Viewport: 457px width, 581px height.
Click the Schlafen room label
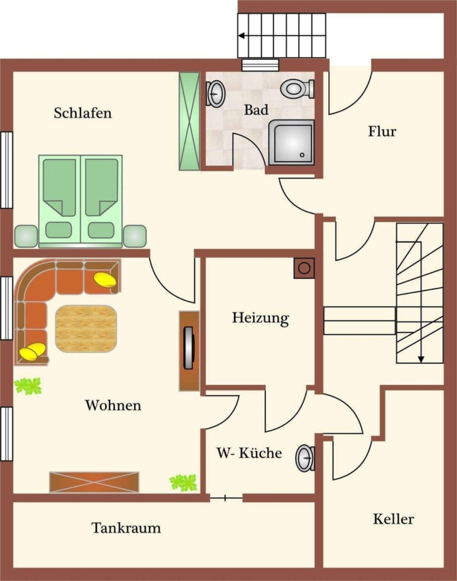coord(83,112)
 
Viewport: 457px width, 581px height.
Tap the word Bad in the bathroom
coord(256,110)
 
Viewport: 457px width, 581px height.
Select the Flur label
coord(382,131)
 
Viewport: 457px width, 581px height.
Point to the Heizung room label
coord(260,318)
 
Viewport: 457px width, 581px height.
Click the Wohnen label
coord(113,405)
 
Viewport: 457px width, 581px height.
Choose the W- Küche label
coord(249,453)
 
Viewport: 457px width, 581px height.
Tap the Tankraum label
coord(126,527)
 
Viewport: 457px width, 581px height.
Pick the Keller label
coord(393,519)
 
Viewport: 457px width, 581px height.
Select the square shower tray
coord(291,142)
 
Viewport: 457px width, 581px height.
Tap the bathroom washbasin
coord(215,94)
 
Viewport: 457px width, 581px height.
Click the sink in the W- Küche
coord(306,458)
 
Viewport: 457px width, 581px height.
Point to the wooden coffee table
coord(86,329)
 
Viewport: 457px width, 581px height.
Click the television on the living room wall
coord(189,348)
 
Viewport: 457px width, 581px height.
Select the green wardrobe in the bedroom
coord(189,121)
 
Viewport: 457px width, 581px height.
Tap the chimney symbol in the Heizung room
coord(304,269)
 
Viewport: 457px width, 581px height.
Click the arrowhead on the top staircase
coord(241,36)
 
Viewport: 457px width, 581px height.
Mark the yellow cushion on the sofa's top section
coord(105,280)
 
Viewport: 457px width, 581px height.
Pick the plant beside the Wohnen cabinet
coord(183,483)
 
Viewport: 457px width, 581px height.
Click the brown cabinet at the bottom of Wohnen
coord(94,482)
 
